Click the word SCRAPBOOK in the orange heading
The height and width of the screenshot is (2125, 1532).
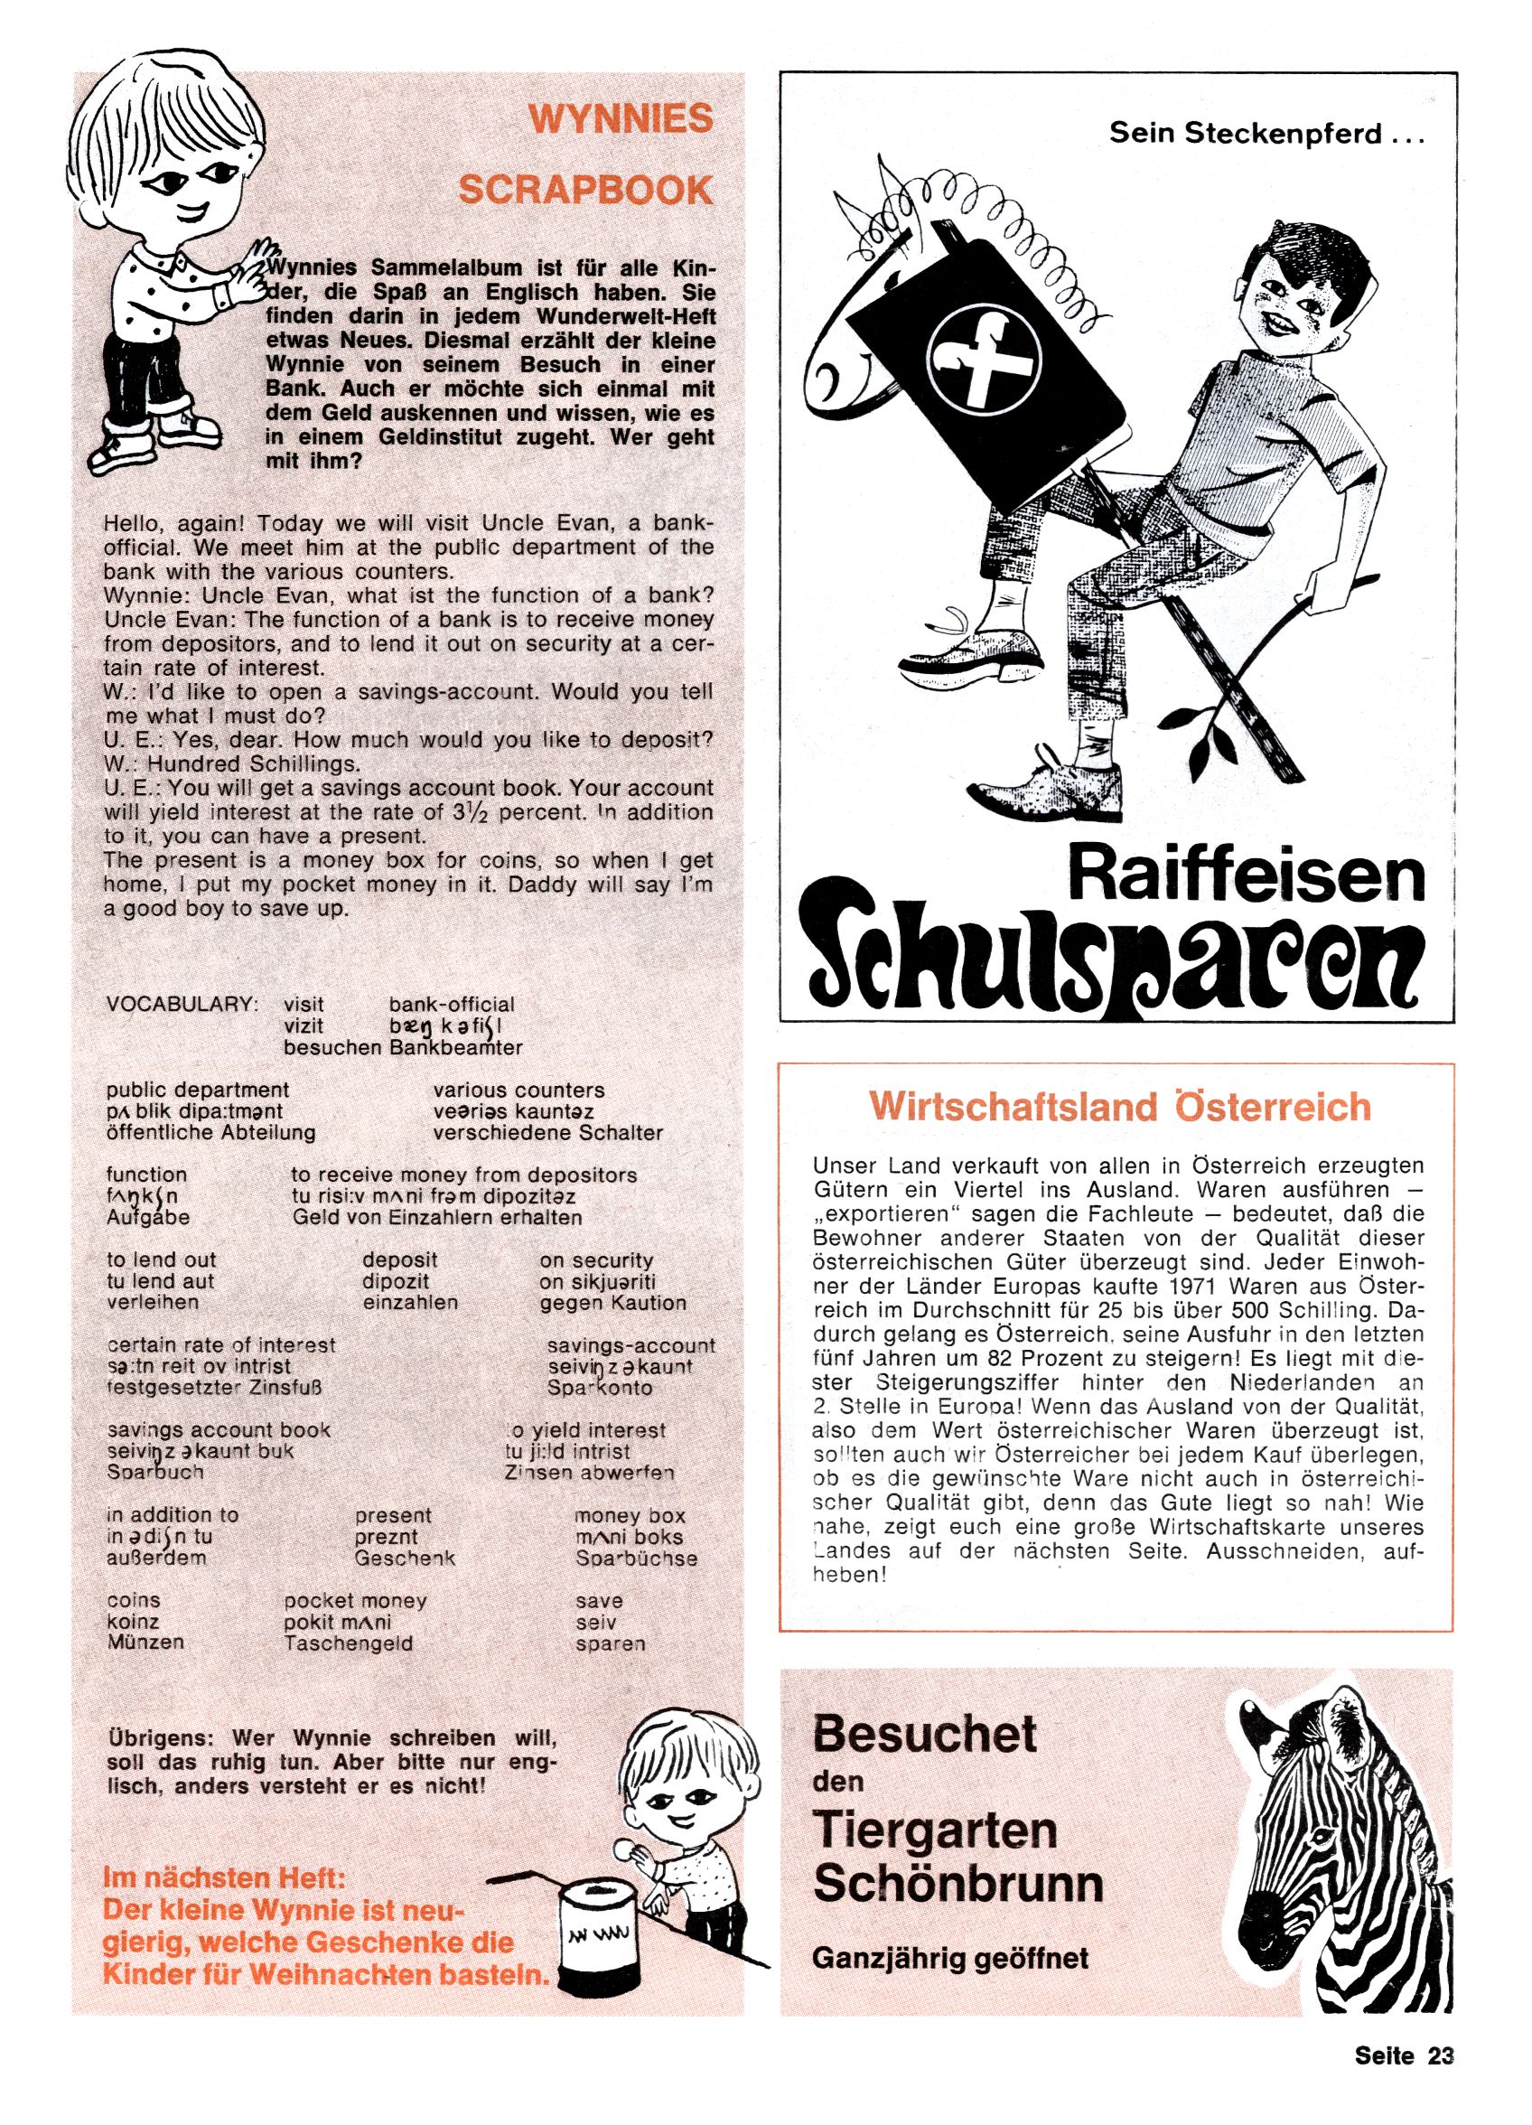pyautogui.click(x=584, y=191)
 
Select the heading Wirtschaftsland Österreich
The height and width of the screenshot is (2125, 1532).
pyautogui.click(x=1119, y=1107)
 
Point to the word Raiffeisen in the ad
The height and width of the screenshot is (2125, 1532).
pyautogui.click(x=1246, y=876)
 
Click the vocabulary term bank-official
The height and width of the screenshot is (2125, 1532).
pyautogui.click(x=452, y=1005)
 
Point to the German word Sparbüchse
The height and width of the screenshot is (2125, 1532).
pyautogui.click(x=636, y=1559)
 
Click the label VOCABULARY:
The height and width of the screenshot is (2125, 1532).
pyautogui.click(x=182, y=1005)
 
